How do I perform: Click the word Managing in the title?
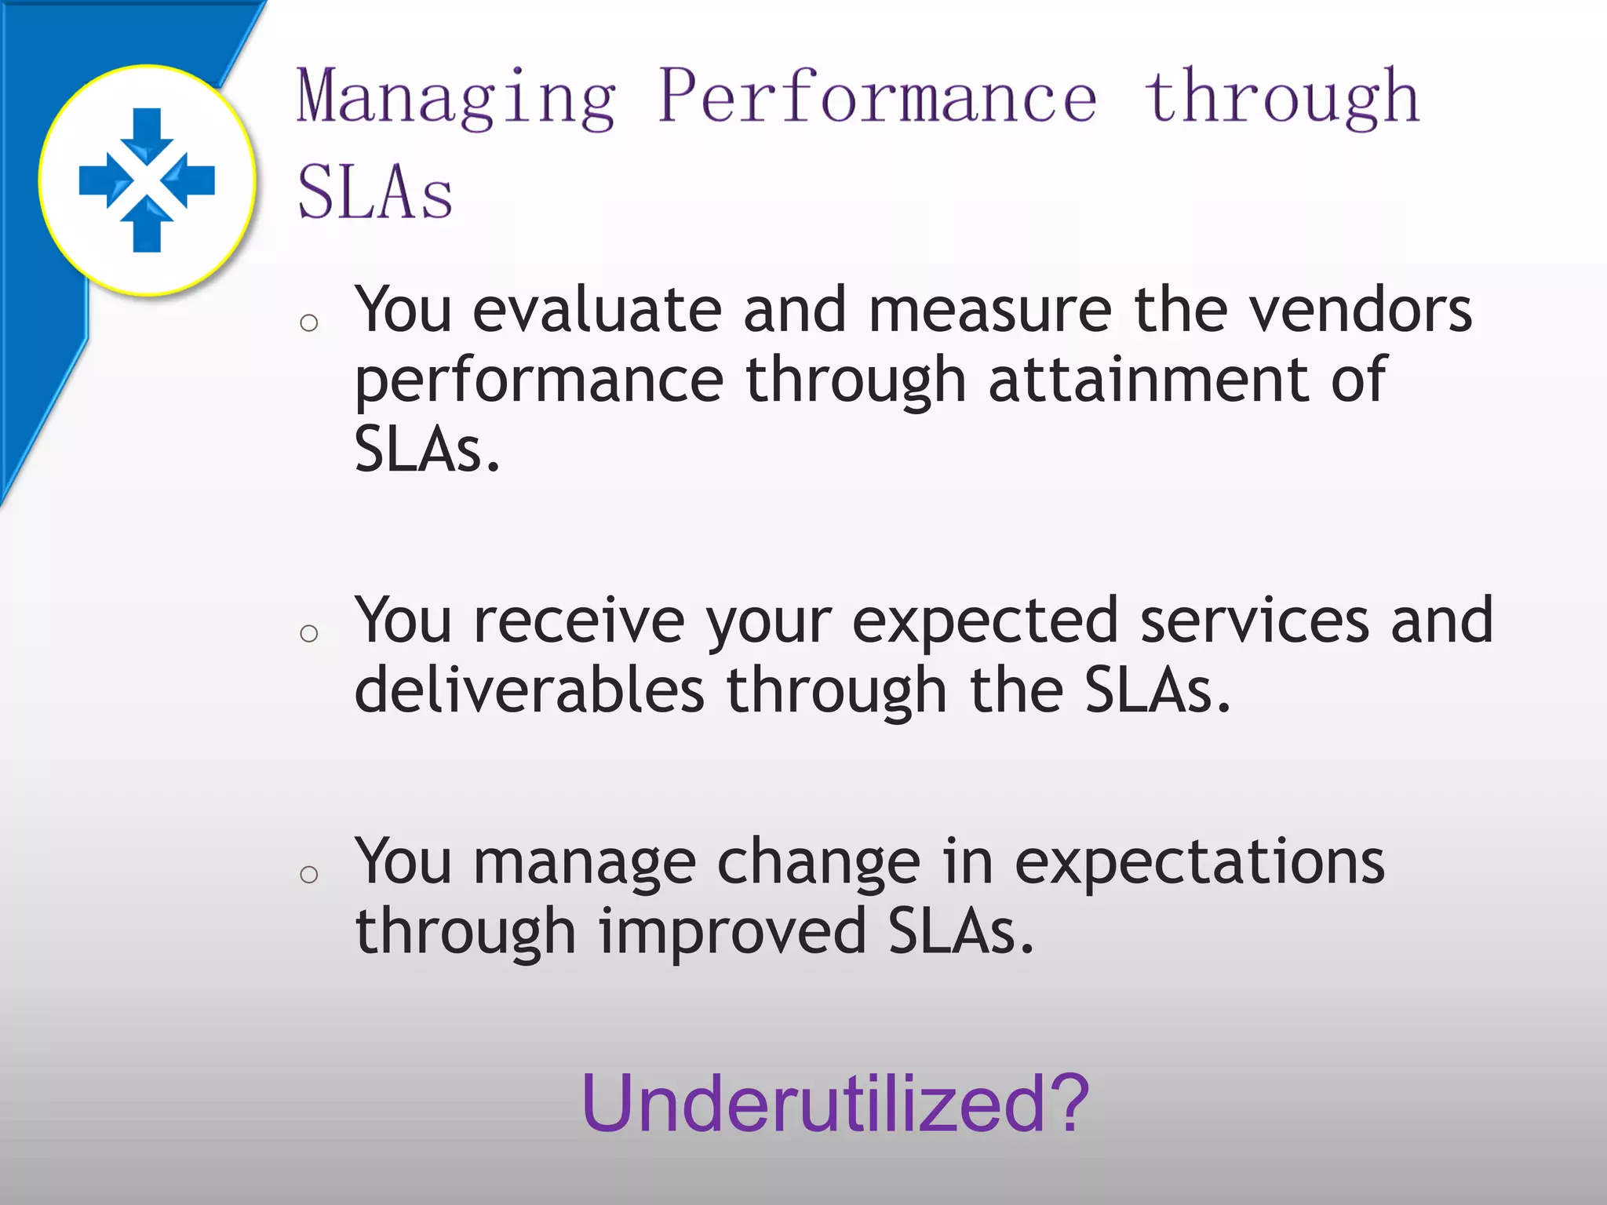(x=455, y=98)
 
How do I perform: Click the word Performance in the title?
(x=877, y=98)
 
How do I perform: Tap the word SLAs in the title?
(x=375, y=192)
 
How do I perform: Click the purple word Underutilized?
(x=835, y=1103)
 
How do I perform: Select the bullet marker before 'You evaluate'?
(x=309, y=322)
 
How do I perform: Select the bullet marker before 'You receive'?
(x=309, y=633)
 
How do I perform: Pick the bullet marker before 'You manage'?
(x=309, y=874)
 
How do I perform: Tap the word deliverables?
(x=530, y=690)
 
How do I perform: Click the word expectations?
(x=1199, y=862)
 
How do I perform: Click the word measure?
(x=989, y=310)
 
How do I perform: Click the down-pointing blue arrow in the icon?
(x=147, y=133)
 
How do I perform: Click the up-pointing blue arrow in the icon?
(x=147, y=228)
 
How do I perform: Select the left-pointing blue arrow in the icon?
(x=191, y=180)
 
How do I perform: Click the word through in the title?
(x=1281, y=98)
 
